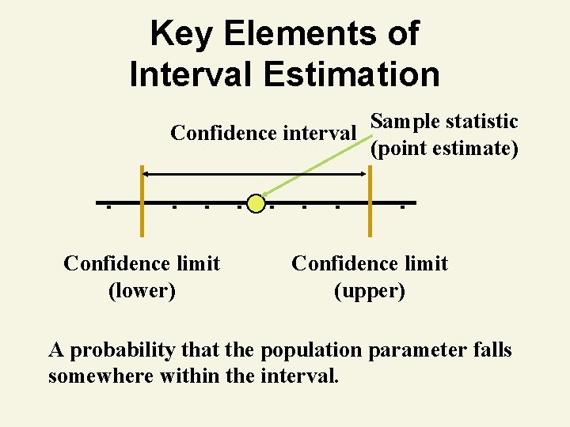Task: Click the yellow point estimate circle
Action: coord(255,203)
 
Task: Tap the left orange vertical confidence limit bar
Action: coord(141,202)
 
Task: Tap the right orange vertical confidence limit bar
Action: coord(369,202)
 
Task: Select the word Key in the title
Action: coord(181,34)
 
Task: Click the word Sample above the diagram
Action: coord(405,122)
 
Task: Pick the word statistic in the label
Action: coord(482,122)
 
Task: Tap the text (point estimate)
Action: coord(444,148)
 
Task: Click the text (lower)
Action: coord(142,290)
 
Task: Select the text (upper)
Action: coord(370,290)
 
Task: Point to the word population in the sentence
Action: coord(308,350)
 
